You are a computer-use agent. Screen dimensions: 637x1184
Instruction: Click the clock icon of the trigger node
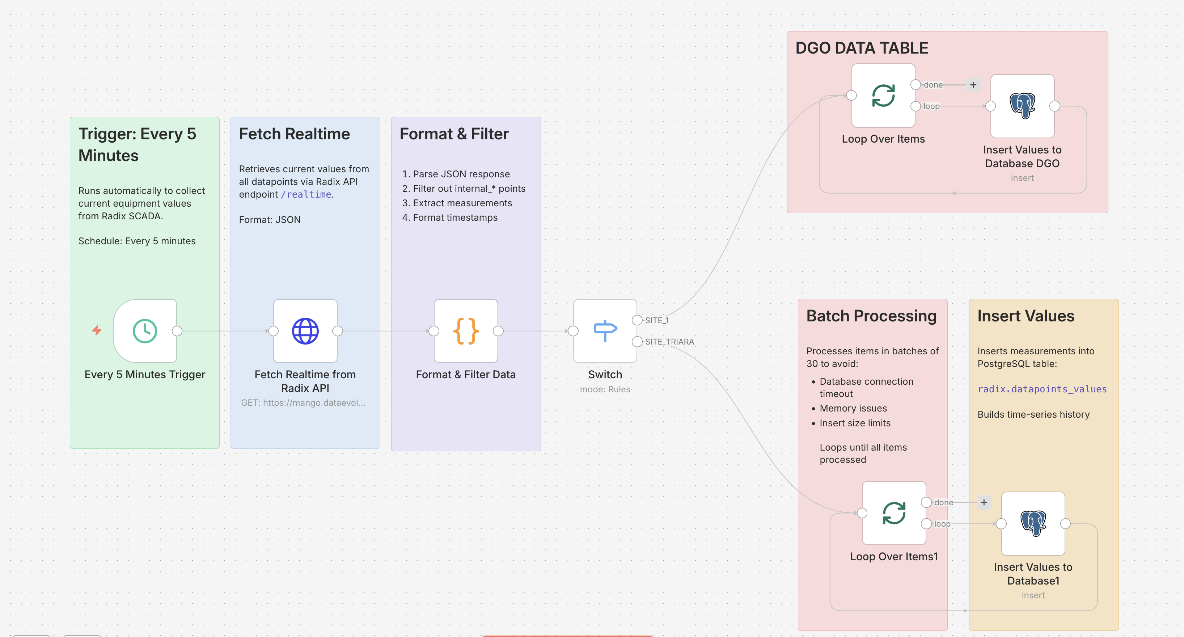click(145, 331)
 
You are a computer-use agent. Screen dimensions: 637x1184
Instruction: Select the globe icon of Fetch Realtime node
click(305, 331)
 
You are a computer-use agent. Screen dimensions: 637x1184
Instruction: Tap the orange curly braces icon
click(466, 331)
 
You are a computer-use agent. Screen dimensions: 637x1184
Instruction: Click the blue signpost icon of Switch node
click(605, 330)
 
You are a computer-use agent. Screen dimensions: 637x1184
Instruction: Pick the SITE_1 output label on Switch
click(657, 320)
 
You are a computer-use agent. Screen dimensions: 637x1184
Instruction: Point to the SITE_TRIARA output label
click(669, 341)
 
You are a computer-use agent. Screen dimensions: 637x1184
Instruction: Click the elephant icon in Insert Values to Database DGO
click(1022, 106)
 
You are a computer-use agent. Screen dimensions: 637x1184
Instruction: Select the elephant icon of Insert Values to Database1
click(1033, 523)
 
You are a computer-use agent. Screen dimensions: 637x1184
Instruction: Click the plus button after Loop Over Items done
click(973, 85)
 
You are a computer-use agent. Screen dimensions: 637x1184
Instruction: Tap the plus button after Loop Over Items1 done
click(984, 502)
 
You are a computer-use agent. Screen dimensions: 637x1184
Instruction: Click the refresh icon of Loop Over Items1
click(894, 513)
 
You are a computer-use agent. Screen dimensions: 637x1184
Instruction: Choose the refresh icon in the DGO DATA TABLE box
click(883, 96)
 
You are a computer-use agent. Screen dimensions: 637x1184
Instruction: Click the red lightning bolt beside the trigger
click(97, 330)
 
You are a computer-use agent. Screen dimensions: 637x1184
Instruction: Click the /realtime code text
click(306, 194)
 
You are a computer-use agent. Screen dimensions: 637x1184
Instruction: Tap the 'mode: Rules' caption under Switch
click(605, 389)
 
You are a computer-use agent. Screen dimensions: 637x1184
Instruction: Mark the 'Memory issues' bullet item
click(853, 408)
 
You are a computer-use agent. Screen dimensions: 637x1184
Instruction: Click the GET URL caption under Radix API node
click(303, 402)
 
